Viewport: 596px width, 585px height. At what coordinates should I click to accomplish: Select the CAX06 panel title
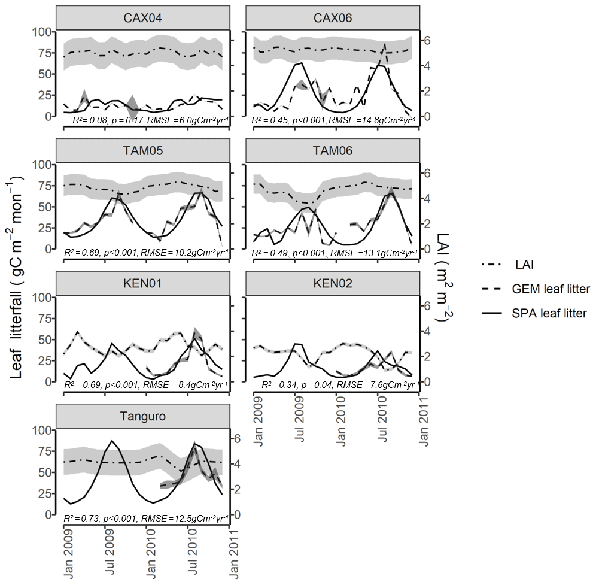333,18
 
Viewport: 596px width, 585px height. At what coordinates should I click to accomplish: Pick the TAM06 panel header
333,151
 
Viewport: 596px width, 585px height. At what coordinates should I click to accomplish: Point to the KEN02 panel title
333,284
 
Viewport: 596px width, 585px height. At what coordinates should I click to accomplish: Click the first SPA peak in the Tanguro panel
111,441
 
